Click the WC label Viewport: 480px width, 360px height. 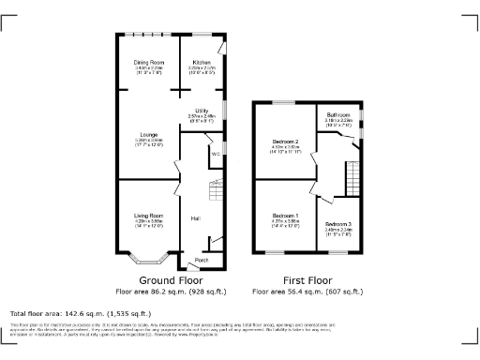(x=215, y=152)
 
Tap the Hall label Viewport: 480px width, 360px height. (x=195, y=217)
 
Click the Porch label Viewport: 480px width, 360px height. (x=201, y=259)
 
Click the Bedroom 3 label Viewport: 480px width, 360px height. (x=338, y=224)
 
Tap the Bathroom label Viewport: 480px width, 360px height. (x=337, y=115)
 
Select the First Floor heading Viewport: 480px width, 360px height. (x=308, y=280)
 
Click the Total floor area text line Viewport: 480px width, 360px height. (x=80, y=312)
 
